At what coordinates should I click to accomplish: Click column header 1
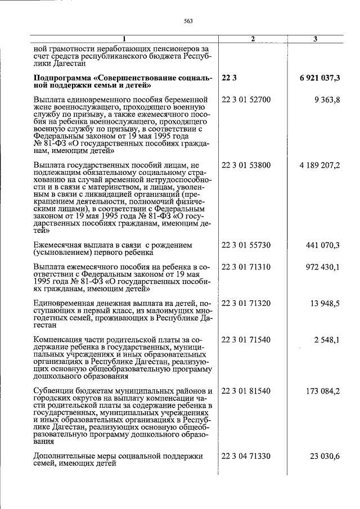coord(125,39)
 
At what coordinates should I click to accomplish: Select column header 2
coord(253,39)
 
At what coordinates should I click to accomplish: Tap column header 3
coord(315,39)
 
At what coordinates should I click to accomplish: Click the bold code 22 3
coord(229,78)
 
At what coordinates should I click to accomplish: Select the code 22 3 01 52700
coord(246,100)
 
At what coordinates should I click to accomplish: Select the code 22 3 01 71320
coord(246,303)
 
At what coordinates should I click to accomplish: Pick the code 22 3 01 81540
coord(246,391)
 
